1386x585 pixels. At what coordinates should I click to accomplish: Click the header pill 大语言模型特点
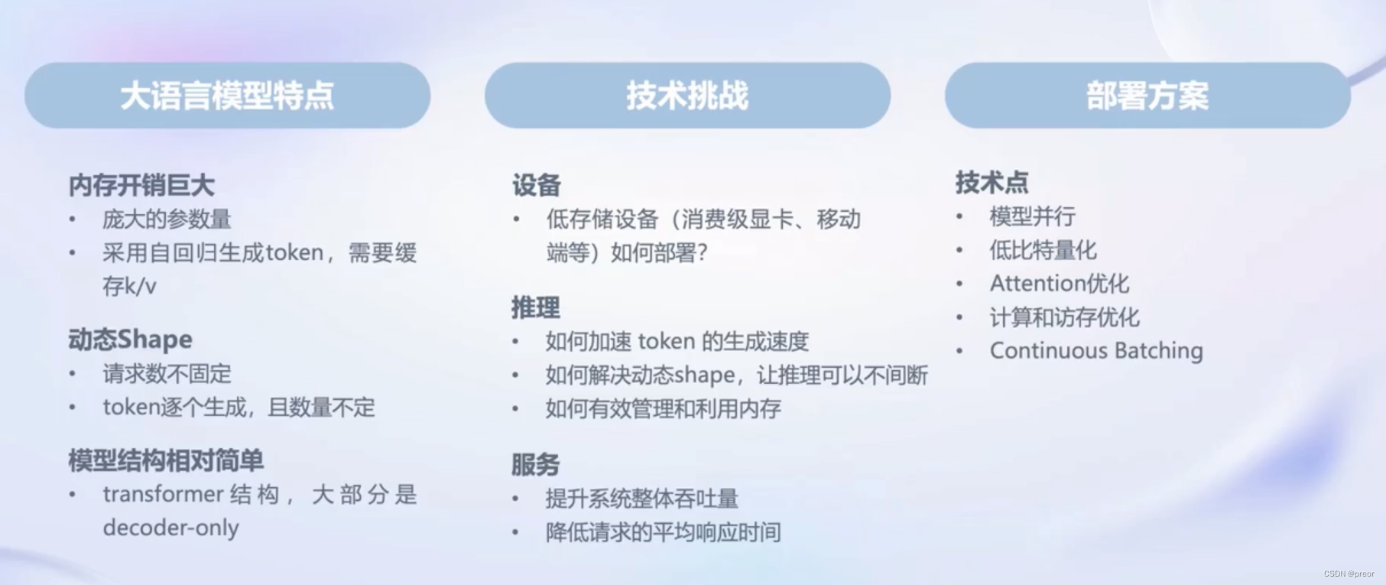[227, 96]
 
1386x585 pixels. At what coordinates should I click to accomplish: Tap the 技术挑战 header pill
[687, 96]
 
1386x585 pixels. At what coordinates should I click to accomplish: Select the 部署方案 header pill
[1147, 96]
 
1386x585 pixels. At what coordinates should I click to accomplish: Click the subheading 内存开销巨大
[141, 185]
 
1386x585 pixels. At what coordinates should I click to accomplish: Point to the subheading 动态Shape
[130, 340]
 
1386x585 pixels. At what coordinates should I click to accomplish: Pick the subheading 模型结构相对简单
[166, 460]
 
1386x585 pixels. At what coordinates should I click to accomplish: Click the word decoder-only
[170, 528]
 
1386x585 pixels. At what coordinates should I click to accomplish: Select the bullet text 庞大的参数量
[167, 219]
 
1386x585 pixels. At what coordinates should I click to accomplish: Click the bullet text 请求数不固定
[167, 374]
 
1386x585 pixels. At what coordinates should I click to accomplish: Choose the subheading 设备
[536, 185]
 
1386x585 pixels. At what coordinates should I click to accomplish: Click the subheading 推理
[535, 307]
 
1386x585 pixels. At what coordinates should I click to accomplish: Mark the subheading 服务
[535, 464]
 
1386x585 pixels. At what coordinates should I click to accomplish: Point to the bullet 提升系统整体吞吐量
[641, 499]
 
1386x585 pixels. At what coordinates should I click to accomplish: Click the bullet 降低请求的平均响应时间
[663, 532]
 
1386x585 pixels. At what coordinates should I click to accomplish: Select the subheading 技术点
[992, 182]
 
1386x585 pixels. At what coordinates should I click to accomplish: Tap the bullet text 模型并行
[1032, 216]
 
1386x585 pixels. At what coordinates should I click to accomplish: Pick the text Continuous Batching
[1095, 351]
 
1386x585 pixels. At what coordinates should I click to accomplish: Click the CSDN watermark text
[1349, 574]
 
